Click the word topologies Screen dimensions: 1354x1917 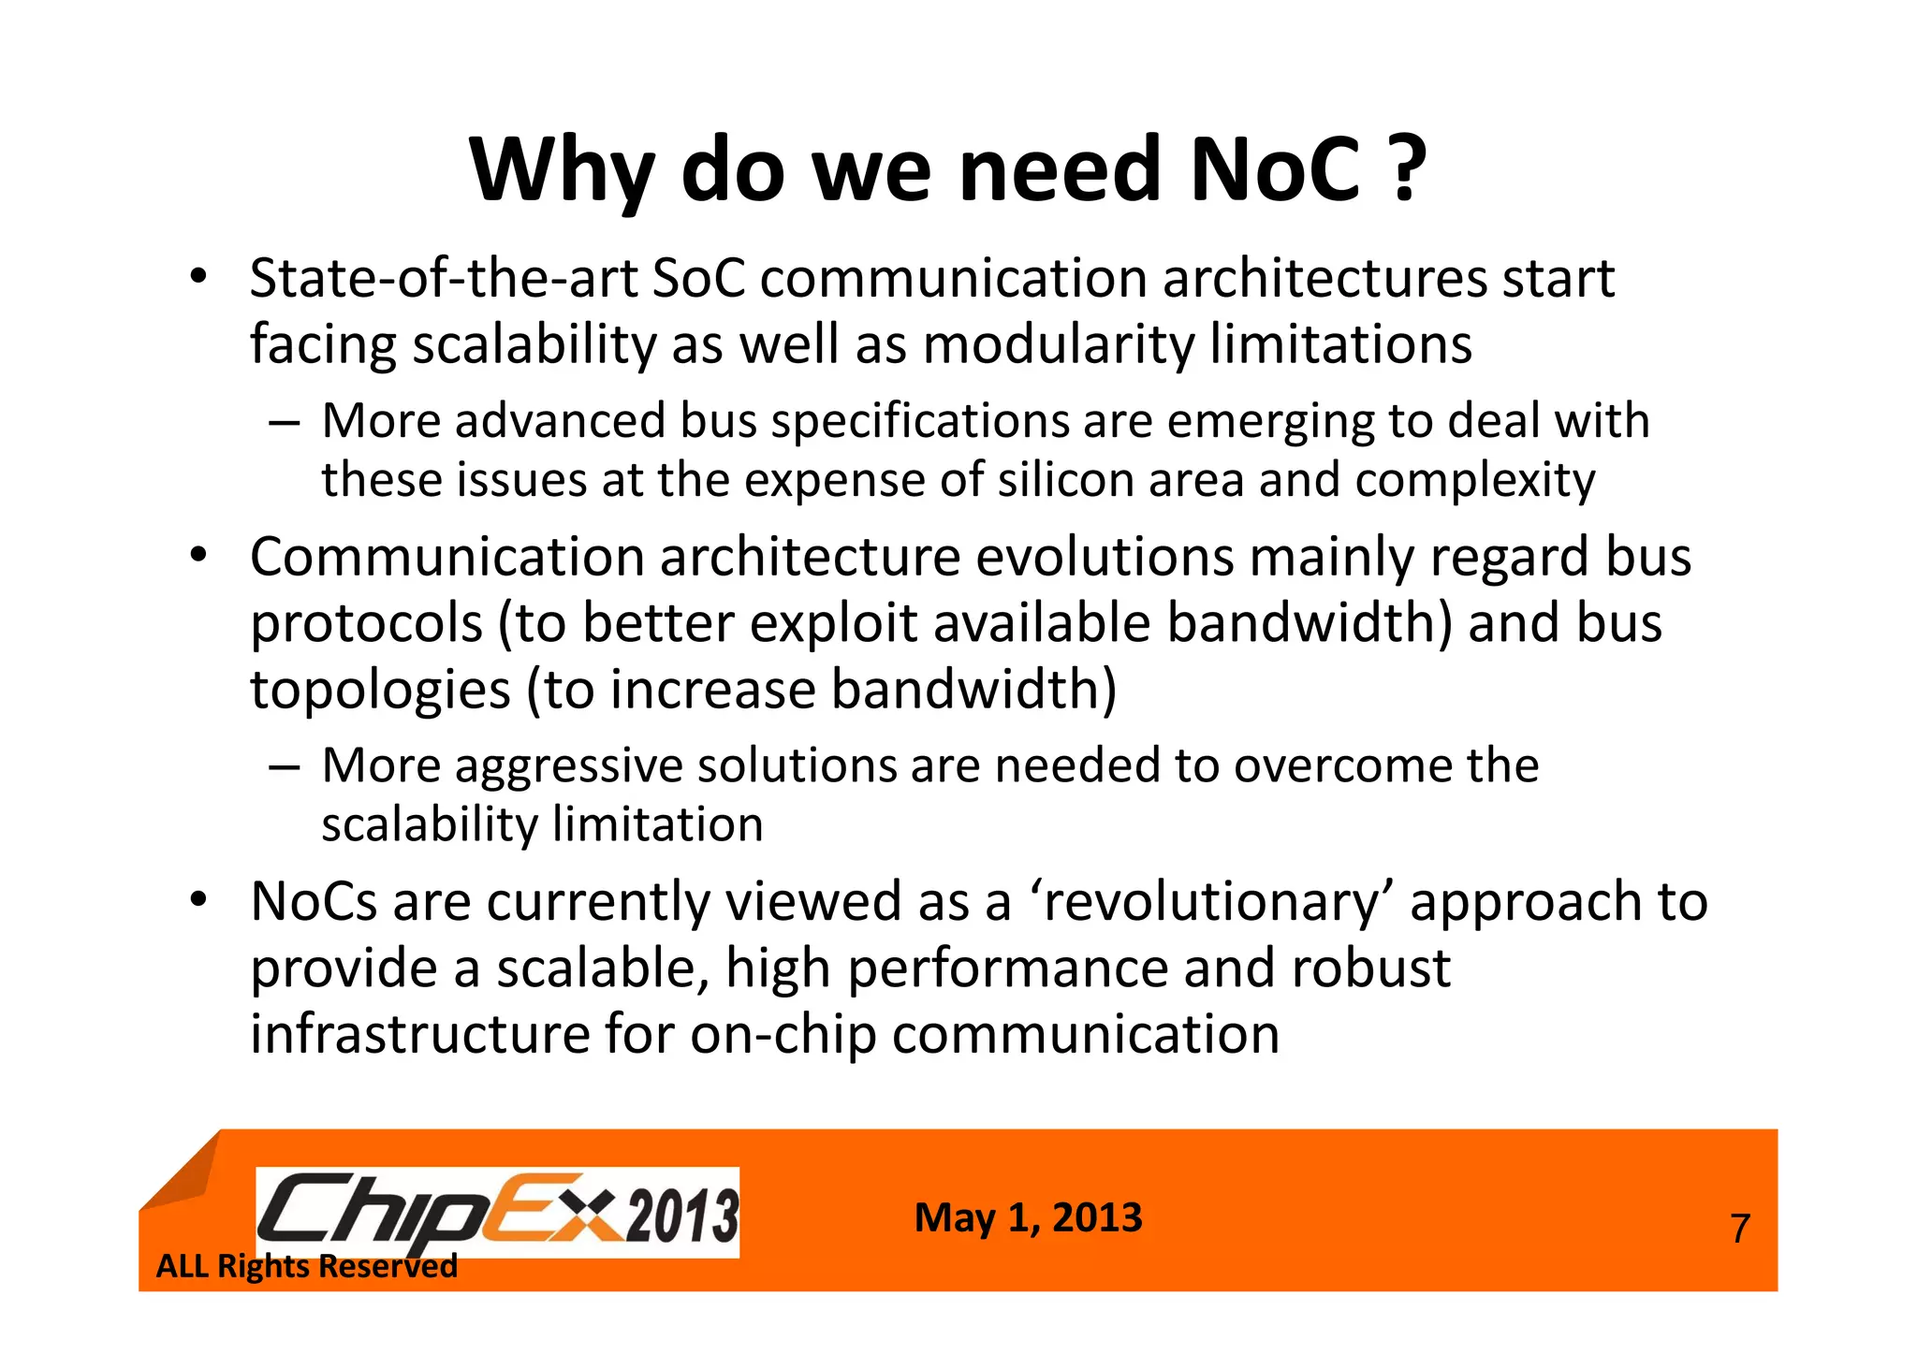pos(380,691)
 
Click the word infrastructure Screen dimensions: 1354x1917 pos(419,1034)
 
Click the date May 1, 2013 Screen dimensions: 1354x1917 pos(1028,1217)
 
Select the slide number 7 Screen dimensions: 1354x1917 pos(1739,1229)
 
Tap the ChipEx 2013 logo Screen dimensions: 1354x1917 pos(497,1212)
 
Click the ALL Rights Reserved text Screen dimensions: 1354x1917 pos(306,1266)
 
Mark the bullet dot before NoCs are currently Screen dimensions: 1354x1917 pos(197,900)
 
